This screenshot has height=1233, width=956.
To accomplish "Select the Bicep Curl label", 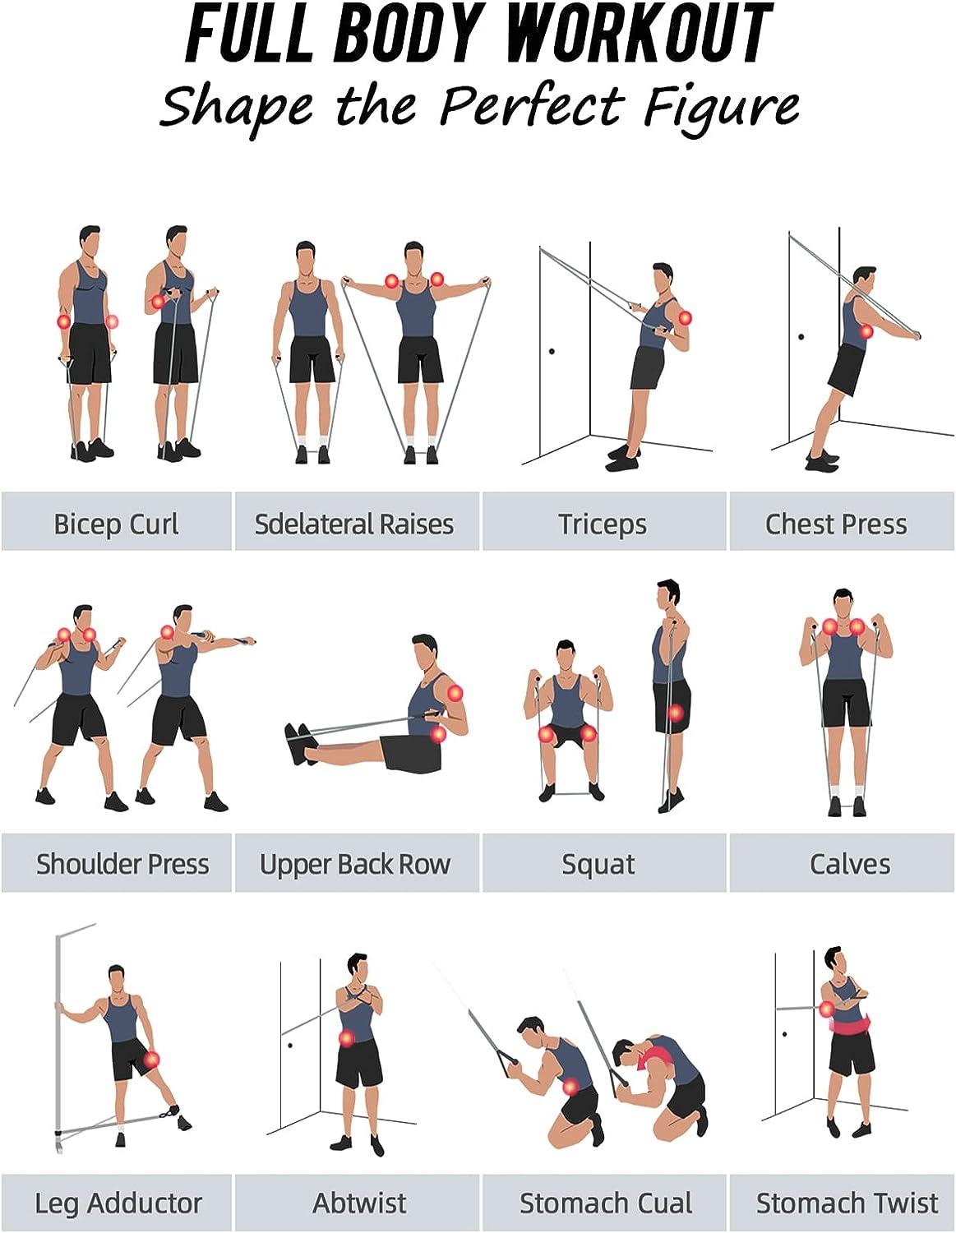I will [116, 524].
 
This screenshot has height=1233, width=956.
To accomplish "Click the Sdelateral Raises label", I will [354, 524].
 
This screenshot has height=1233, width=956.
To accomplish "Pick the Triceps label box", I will [603, 524].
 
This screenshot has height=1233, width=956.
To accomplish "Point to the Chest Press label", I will [836, 524].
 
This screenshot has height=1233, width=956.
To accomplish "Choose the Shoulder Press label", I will [122, 864].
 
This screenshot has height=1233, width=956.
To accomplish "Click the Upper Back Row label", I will [354, 864].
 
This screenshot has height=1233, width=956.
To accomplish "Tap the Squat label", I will [598, 864].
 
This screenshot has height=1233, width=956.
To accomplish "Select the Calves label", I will [849, 864].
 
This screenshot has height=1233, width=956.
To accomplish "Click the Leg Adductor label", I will [118, 1203].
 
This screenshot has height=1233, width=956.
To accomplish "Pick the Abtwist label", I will [359, 1203].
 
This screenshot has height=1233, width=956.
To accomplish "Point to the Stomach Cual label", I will [605, 1203].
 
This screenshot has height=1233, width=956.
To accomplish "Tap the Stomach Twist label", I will [847, 1203].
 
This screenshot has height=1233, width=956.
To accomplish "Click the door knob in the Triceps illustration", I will [551, 351].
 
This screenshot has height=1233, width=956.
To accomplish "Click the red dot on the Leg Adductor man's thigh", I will [151, 1060].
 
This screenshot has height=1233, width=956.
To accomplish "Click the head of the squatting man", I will [565, 657].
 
